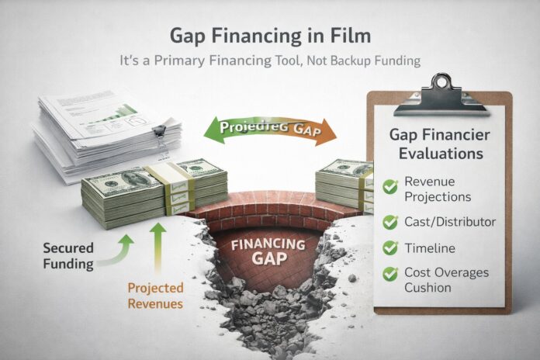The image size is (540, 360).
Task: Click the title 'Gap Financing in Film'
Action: [x=269, y=36]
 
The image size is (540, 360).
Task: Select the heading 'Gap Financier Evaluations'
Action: [x=441, y=144]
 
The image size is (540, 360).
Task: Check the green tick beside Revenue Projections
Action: [x=390, y=185]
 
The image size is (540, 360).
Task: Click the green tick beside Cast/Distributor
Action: [x=390, y=223]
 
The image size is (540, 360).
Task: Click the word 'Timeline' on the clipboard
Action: [x=429, y=250]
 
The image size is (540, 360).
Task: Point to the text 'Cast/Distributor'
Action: [x=449, y=223]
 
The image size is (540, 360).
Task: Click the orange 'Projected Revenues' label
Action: [x=155, y=295]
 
